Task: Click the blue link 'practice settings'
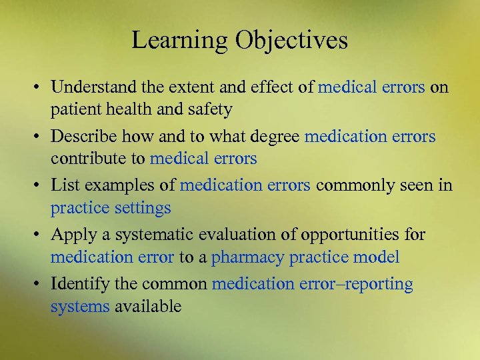[111, 208]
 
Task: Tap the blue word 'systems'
[79, 307]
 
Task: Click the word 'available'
[147, 307]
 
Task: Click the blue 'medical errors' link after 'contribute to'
[203, 159]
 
